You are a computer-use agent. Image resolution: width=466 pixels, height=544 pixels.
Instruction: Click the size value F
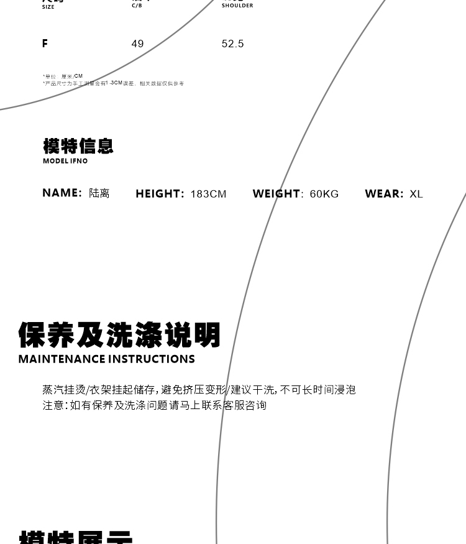coord(45,44)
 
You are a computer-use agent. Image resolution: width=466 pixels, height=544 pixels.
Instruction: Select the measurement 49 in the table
coord(137,44)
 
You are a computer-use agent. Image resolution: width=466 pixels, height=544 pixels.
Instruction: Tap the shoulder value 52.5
coord(232,44)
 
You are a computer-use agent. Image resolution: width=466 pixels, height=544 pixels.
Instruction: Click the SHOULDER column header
coord(237,6)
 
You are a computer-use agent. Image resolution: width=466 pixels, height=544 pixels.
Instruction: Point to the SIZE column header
coord(48,7)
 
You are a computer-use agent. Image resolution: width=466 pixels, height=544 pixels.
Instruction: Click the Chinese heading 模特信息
coord(78,146)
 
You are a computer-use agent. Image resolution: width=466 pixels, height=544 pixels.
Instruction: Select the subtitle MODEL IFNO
coord(65,161)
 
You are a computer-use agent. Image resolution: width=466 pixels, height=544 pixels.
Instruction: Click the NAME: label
coord(62,193)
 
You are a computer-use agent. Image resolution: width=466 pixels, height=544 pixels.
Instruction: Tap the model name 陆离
coord(99,193)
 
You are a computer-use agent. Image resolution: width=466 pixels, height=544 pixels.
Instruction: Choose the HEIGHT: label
coord(160,194)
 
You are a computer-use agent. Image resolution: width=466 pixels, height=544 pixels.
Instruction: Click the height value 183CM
coord(208,194)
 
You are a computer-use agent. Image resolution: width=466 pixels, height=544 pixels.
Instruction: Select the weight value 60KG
coord(324,194)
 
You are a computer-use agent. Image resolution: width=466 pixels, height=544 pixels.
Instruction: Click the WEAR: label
coord(384,194)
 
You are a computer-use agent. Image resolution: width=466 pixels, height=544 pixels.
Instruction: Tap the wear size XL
coord(416,194)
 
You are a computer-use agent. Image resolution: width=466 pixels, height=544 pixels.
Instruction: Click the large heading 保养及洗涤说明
coord(119,335)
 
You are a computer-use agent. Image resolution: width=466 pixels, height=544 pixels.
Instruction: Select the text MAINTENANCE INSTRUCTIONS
coord(107,359)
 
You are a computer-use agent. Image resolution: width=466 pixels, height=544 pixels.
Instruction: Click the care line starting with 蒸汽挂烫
coord(199,390)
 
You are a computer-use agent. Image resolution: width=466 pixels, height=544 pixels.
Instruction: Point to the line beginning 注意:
coord(154,405)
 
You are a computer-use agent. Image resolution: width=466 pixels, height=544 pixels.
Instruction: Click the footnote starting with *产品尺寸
coord(113,83)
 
